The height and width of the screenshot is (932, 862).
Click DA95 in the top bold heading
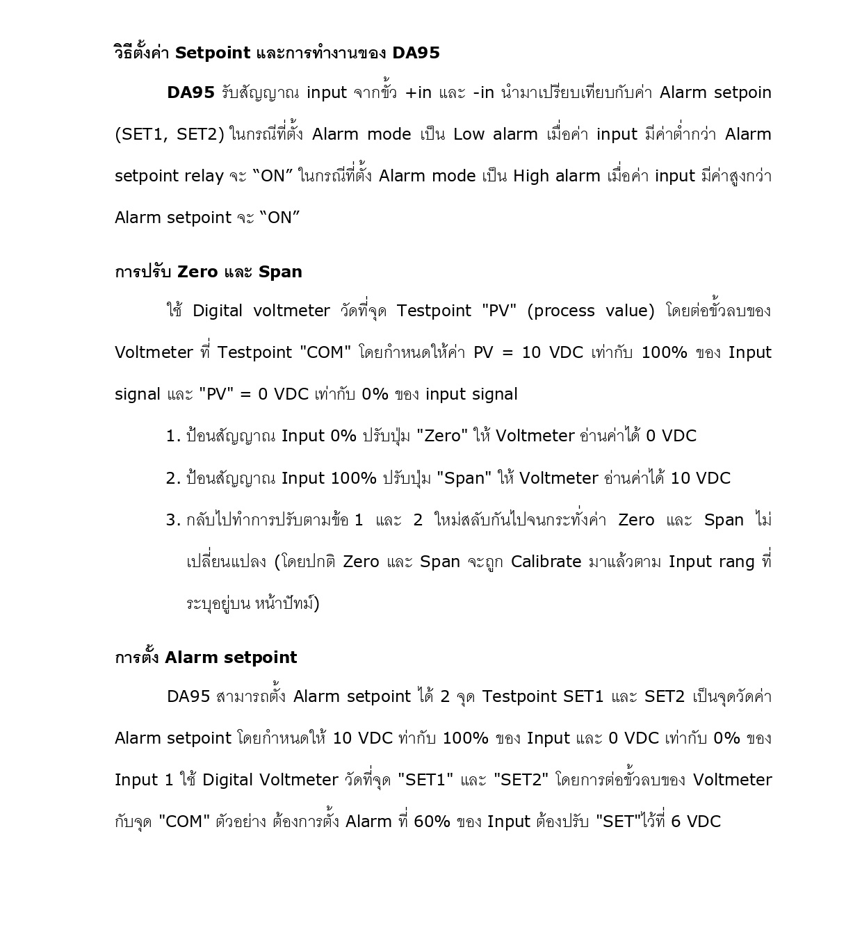pyautogui.click(x=416, y=53)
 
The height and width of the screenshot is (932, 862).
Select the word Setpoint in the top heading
pyautogui.click(x=212, y=53)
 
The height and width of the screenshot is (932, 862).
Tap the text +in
pyautogui.click(x=418, y=92)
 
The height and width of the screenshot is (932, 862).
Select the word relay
pyautogui.click(x=204, y=176)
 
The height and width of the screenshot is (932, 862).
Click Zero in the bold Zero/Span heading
pyautogui.click(x=197, y=272)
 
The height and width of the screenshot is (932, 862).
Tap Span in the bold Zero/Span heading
pyautogui.click(x=279, y=272)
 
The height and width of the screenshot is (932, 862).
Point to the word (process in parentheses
pyautogui.click(x=560, y=311)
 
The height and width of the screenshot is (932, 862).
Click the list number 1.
pyautogui.click(x=173, y=436)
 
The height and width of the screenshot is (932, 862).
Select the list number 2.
pyautogui.click(x=173, y=478)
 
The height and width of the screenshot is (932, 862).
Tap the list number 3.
pyautogui.click(x=173, y=520)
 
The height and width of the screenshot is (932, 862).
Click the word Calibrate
pyautogui.click(x=546, y=562)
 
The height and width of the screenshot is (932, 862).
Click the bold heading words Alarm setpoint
pyautogui.click(x=231, y=657)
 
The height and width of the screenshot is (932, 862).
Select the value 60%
pyautogui.click(x=432, y=821)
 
